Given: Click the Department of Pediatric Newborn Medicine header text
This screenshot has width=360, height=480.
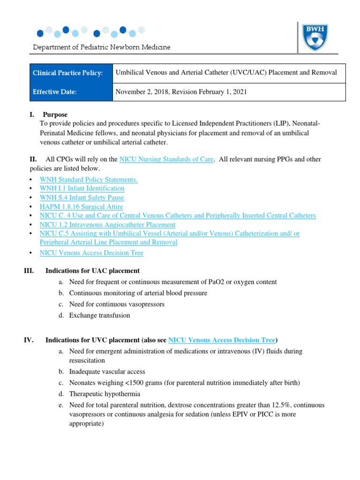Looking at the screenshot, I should coord(101,47).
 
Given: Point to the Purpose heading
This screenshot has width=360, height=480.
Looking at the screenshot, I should coord(55,114).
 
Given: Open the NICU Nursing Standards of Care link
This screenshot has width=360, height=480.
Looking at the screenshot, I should coord(167,159).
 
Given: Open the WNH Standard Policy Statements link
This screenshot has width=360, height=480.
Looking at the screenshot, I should coord(89,180).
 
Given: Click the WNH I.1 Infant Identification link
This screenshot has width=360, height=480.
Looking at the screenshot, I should coord(82,188).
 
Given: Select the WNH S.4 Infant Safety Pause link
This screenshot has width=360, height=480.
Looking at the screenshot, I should coord(82,197).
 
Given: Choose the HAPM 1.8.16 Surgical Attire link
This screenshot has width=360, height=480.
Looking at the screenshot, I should coord(82,207).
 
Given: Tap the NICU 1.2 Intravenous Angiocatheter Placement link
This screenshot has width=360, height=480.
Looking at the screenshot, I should coord(108,225).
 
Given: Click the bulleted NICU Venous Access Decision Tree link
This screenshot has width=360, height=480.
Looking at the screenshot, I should coord(91,253).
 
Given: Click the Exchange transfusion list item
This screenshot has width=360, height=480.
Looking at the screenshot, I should coord(99,315).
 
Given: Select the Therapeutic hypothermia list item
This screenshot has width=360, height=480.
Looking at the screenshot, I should coord(105,394).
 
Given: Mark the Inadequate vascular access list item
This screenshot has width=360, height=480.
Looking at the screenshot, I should coord(107,371).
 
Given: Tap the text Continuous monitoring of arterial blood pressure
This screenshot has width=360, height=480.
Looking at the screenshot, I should coord(138,293).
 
